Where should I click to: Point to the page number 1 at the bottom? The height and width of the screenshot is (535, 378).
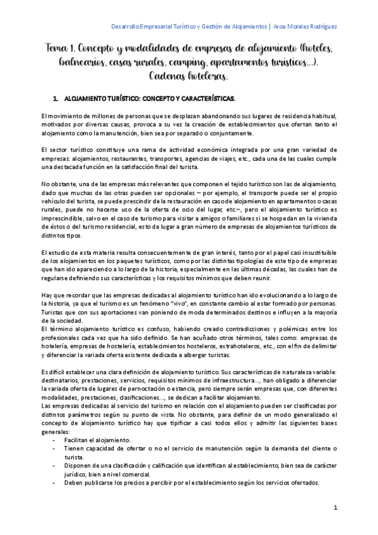[335, 507]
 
